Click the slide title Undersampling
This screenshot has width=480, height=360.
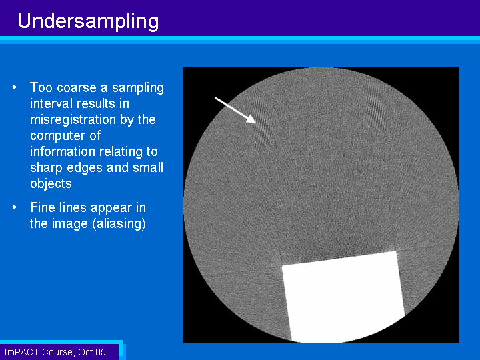88,21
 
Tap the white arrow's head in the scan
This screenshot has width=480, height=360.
251,119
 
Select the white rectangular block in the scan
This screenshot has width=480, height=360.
343,297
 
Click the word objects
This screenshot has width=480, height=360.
51,184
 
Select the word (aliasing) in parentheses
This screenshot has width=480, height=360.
119,223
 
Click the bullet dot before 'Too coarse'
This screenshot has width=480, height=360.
15,87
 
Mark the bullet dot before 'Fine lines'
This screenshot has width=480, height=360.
15,207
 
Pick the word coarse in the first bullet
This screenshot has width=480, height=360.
77,88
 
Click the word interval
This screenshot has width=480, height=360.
51,103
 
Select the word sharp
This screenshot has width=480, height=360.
47,168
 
